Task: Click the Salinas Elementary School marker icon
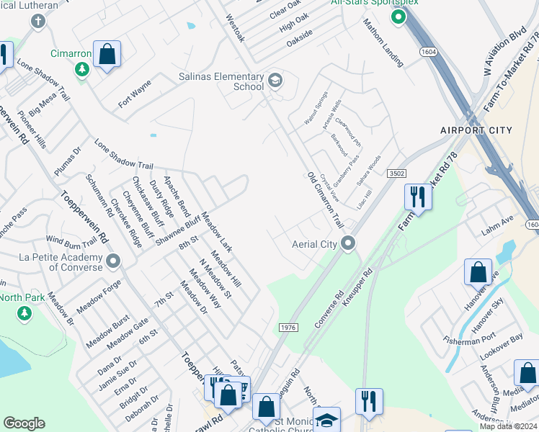275,79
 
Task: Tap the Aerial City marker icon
349,243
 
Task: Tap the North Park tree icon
24,313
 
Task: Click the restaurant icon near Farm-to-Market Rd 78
417,196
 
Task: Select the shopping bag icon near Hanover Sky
478,272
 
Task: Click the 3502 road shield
396,174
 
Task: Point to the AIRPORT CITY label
476,130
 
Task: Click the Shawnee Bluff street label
177,231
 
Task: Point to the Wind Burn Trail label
71,239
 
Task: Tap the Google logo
24,423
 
